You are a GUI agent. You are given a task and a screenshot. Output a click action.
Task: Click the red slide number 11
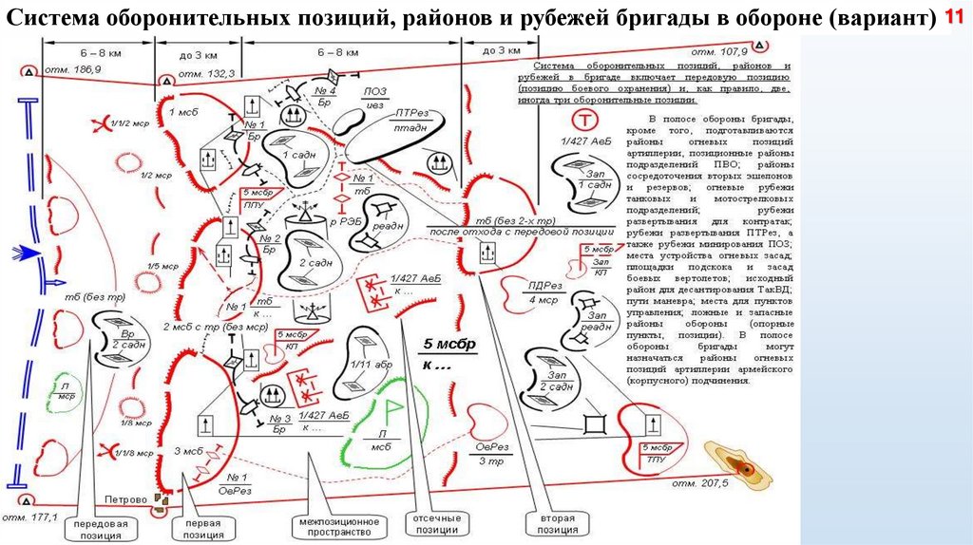953,18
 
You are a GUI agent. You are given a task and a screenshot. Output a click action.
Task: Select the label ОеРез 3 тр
490,454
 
